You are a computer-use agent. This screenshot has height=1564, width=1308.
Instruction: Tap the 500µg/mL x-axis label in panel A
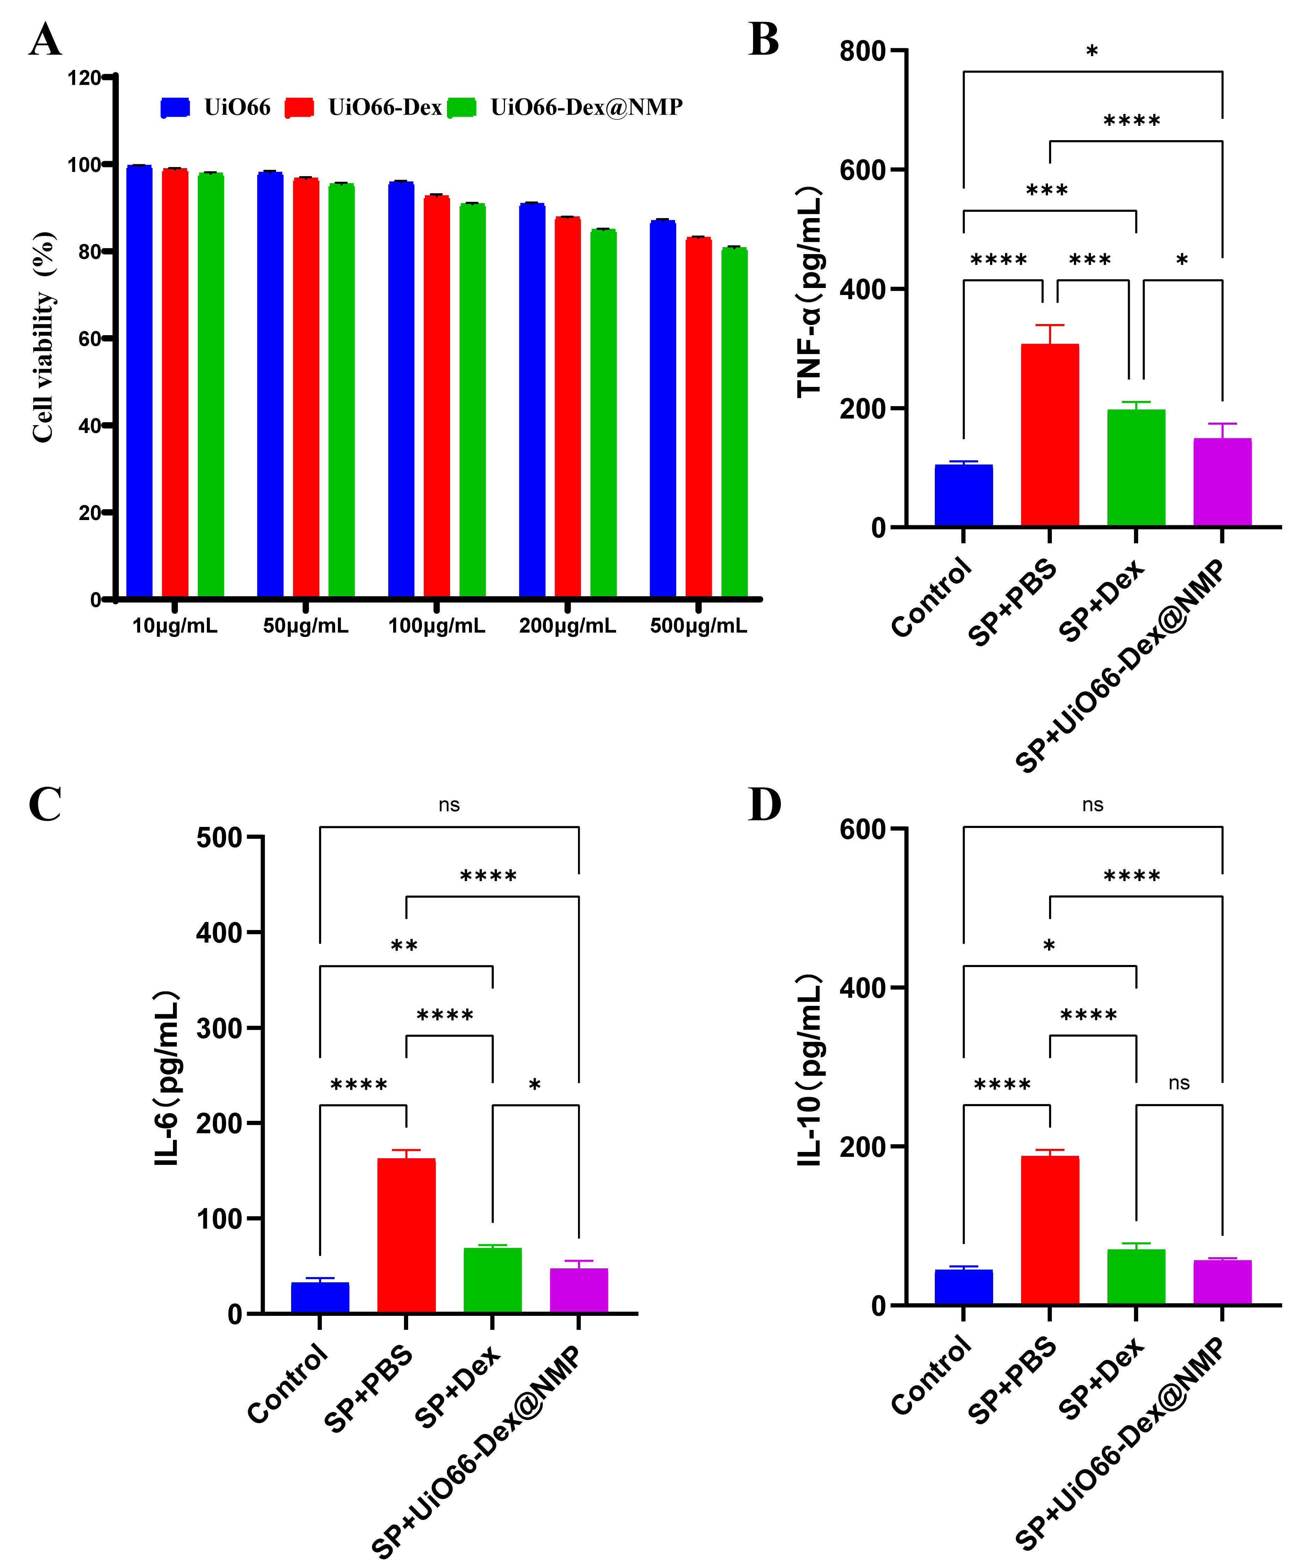coord(698,626)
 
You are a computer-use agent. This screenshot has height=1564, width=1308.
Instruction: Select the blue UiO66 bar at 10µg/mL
coord(139,380)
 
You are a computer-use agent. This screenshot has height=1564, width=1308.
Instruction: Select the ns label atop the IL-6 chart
coord(449,805)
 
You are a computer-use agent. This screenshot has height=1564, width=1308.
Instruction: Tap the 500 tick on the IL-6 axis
coord(219,838)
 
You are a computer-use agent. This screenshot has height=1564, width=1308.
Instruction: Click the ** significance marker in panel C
coord(404,946)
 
